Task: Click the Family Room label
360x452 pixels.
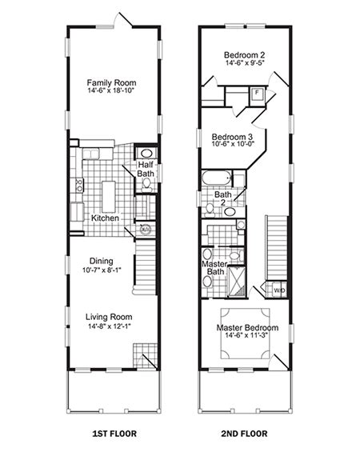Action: coord(111,82)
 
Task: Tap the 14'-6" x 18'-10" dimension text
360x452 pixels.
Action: coord(111,90)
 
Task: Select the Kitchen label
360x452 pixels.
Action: coord(105,218)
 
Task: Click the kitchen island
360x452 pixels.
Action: coord(109,197)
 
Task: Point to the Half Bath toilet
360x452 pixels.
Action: coord(146,185)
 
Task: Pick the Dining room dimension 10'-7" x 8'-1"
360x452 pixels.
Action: coord(102,270)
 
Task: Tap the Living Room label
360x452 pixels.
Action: coord(109,317)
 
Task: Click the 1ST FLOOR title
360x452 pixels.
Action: coord(114,434)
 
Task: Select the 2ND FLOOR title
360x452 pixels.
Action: coord(244,434)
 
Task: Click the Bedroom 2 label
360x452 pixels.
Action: coord(245,54)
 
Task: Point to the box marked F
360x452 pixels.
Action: coord(257,94)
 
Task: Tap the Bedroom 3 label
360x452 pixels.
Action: coord(232,137)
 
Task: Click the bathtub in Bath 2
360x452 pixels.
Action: coord(217,178)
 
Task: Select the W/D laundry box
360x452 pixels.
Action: coord(278,290)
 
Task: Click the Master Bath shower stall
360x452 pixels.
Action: coord(237,282)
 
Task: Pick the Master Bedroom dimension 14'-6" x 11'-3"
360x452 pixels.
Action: coord(247,335)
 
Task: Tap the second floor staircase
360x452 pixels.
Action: coord(277,248)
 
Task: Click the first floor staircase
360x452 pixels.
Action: coord(146,266)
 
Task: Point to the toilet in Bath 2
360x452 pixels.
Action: coord(210,210)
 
